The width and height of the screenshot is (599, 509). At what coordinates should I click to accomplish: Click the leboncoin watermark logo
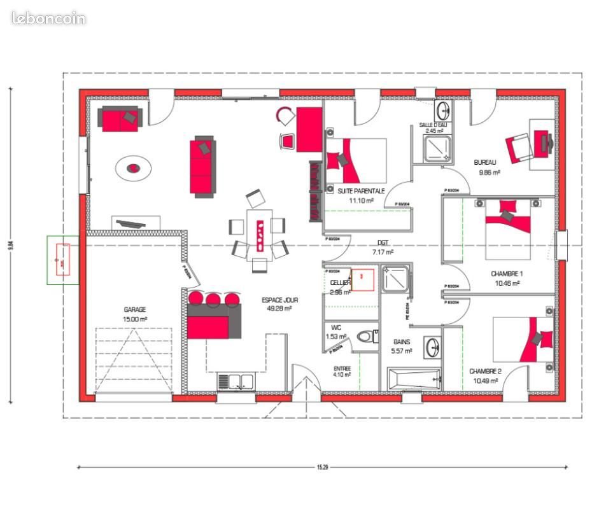pyautogui.click(x=48, y=18)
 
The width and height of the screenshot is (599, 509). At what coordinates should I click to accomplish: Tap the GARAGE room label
pyautogui.click(x=135, y=310)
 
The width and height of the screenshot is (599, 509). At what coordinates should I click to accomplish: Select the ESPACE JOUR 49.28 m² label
pyautogui.click(x=279, y=303)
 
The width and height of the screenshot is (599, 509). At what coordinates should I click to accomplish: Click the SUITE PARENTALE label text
pyautogui.click(x=361, y=191)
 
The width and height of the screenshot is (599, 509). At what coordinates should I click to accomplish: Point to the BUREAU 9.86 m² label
pyautogui.click(x=487, y=167)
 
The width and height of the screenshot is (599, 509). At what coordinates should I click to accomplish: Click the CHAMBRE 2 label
pyautogui.click(x=485, y=375)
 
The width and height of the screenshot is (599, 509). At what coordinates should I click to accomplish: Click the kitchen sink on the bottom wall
pyautogui.click(x=236, y=381)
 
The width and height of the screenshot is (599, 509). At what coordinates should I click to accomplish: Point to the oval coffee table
pyautogui.click(x=134, y=168)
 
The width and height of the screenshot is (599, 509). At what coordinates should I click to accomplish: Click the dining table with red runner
pyautogui.click(x=260, y=234)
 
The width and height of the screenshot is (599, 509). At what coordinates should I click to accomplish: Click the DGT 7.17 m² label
pyautogui.click(x=383, y=247)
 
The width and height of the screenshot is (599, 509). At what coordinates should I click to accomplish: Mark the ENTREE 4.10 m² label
pyautogui.click(x=342, y=372)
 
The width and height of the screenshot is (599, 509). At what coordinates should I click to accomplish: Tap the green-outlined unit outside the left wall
pyautogui.click(x=62, y=260)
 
